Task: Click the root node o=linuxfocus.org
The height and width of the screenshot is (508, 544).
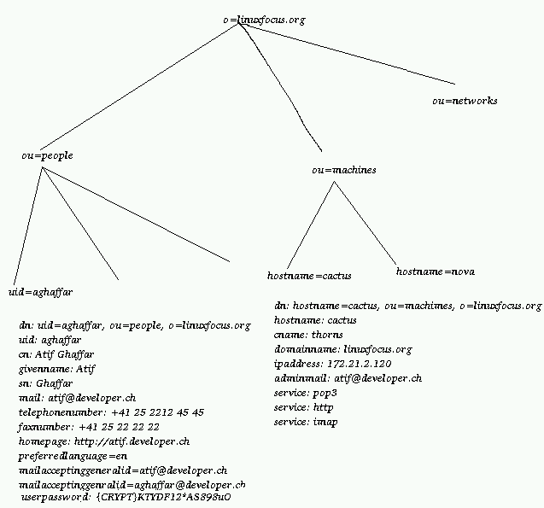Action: coord(263,18)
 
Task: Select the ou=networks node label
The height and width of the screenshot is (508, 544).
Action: coord(465,101)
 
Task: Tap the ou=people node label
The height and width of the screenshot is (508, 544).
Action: coord(47,155)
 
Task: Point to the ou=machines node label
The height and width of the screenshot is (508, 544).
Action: coord(344,170)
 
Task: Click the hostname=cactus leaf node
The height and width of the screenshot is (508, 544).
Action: coord(309,276)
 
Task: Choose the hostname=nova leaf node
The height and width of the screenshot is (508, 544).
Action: coord(436,272)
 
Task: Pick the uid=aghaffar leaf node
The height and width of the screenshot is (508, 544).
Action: coord(41,291)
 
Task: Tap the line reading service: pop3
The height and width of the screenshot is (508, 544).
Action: coord(306,393)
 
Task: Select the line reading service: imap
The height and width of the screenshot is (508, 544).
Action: coord(306,423)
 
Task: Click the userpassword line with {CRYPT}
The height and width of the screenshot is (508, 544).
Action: coord(126,497)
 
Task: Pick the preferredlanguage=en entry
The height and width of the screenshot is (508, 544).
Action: coord(73,456)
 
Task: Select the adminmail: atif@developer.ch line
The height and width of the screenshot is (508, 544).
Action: coord(348,377)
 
